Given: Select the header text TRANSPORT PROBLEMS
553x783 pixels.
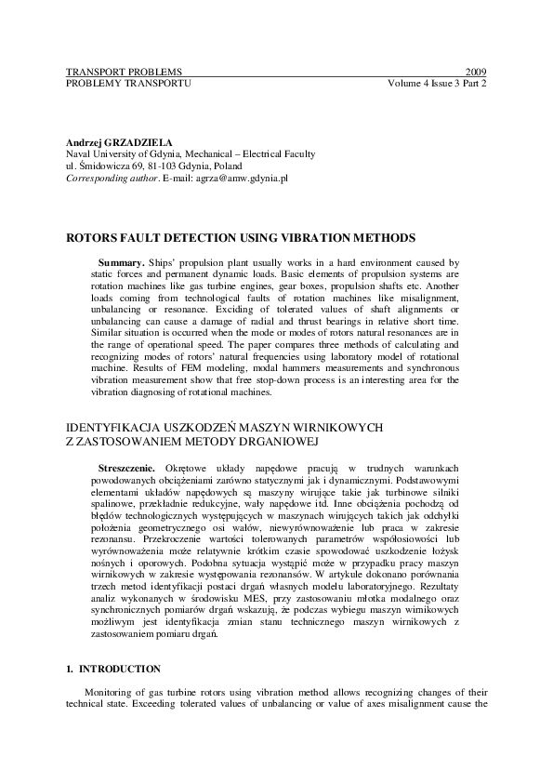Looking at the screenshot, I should (124, 72).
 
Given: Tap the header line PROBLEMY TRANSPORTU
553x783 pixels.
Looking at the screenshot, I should (128, 83).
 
